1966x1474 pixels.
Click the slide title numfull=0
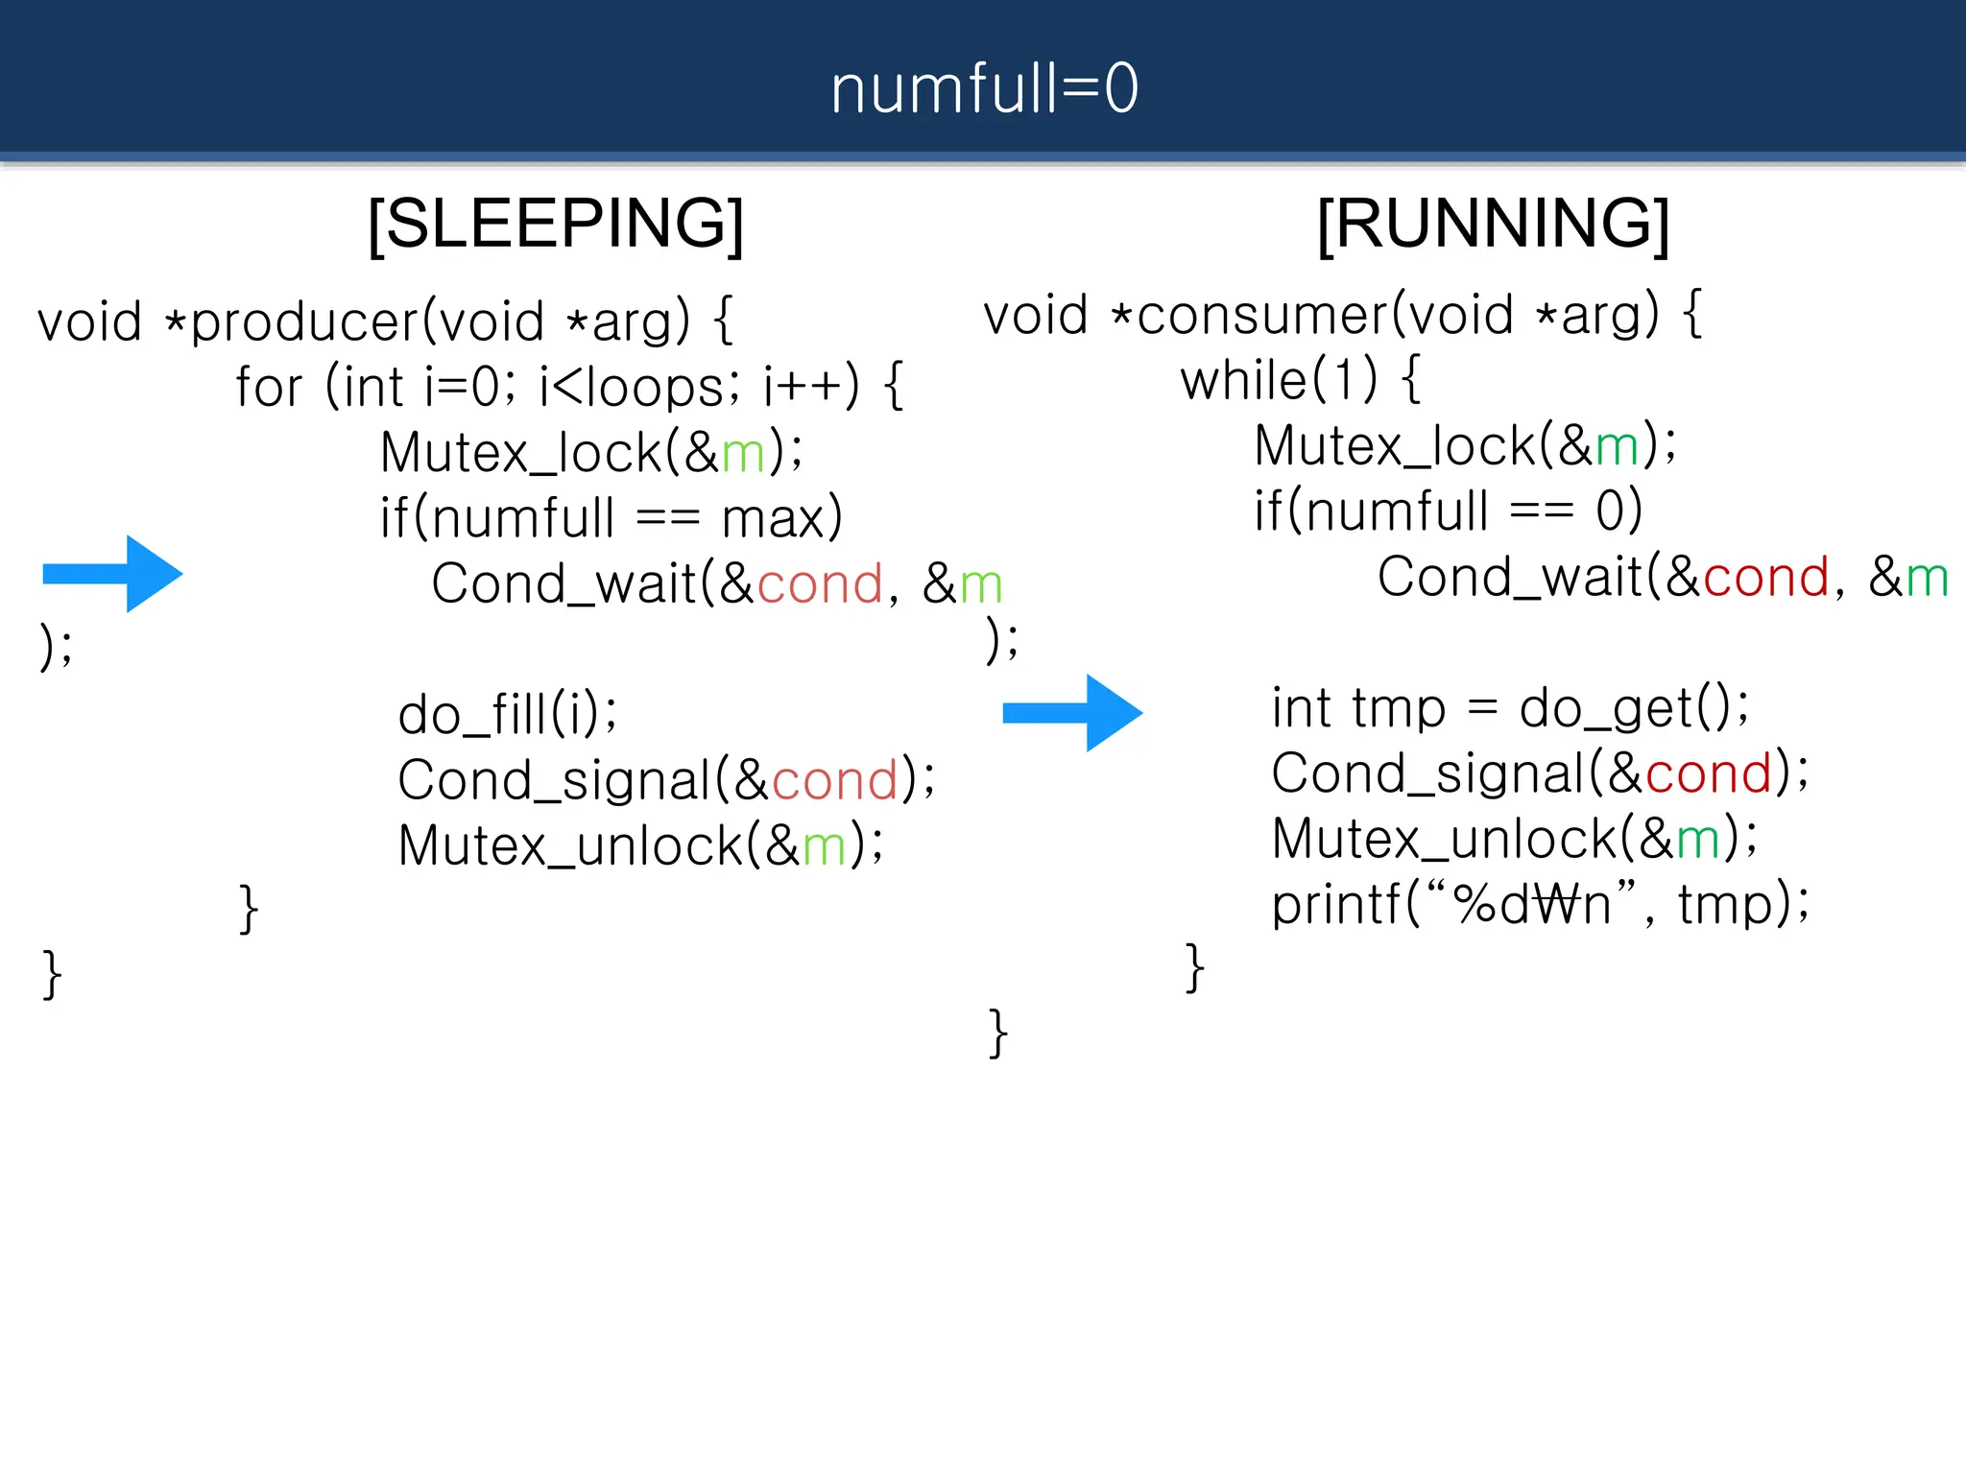point(984,88)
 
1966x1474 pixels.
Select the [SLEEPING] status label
point(556,224)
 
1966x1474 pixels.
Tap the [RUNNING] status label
point(1493,224)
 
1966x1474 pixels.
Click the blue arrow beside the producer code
point(113,574)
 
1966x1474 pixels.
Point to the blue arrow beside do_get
point(1072,712)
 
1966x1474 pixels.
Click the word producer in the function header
point(304,322)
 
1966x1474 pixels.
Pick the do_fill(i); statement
point(508,715)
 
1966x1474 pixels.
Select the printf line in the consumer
point(1540,904)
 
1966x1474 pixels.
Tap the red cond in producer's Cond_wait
point(820,584)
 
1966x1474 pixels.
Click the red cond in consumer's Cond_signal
point(1709,773)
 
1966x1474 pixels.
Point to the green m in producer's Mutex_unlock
point(824,846)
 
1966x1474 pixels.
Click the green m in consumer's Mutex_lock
point(1617,447)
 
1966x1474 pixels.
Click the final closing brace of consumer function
point(998,1034)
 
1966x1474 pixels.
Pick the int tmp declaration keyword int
point(1300,709)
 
